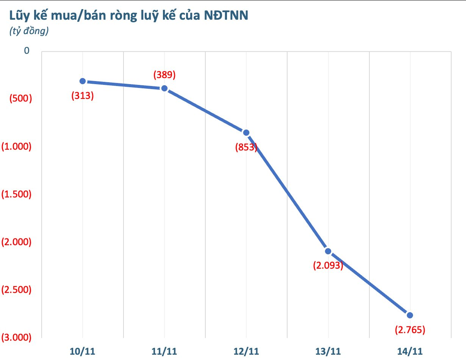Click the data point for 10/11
(83, 81)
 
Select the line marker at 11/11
(164, 88)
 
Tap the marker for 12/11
(246, 133)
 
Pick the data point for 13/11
(328, 251)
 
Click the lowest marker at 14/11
(410, 315)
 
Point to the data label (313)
(82, 95)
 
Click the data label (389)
(164, 75)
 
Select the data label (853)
(246, 147)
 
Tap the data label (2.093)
(328, 266)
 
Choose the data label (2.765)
(410, 330)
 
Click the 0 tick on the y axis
(27, 51)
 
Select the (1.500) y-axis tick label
(16, 194)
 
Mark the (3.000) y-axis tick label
(16, 337)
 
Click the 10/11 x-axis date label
(83, 351)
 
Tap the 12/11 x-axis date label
(246, 351)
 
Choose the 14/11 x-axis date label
(410, 351)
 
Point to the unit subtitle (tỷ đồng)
(28, 31)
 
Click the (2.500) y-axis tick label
(16, 290)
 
